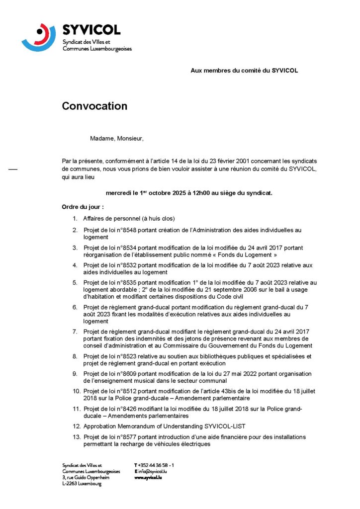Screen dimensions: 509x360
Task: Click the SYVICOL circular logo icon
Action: pos(39,37)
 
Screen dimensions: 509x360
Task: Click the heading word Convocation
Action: pos(94,106)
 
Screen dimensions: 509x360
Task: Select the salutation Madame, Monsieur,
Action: pos(116,138)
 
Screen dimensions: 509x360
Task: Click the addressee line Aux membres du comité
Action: pos(244,71)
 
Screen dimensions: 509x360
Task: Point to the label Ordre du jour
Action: pos(83,207)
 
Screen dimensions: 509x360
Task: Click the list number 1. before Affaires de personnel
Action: pos(75,219)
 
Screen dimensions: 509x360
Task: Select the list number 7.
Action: pos(75,332)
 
